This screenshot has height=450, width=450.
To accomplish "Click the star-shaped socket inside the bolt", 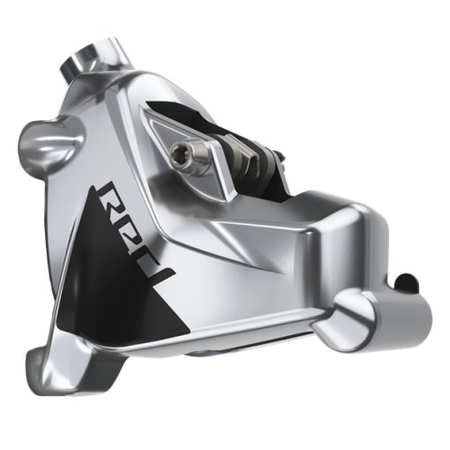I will tap(182, 155).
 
